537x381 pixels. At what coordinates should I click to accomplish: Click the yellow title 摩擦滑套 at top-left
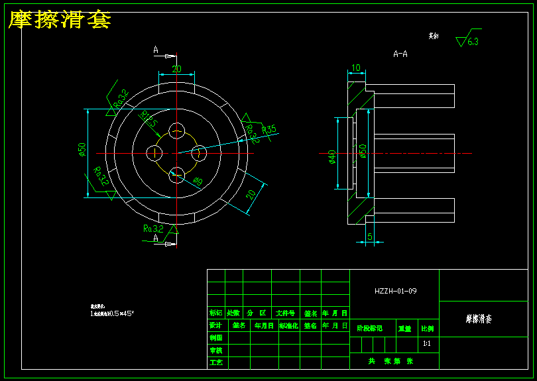coord(59,20)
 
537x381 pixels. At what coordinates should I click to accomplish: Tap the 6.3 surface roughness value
coord(473,41)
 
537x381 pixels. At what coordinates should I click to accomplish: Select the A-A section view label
coord(400,54)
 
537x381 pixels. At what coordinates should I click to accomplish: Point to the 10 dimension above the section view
coord(356,68)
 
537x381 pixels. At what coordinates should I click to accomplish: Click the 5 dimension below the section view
coord(370,235)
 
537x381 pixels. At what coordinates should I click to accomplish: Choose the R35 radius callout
coord(268,129)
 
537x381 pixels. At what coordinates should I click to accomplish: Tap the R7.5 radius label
coord(149,120)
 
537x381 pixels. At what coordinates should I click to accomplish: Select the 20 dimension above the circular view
coord(176,68)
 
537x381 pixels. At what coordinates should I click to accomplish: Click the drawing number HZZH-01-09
coord(396,291)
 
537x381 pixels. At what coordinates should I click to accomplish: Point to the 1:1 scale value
coord(427,344)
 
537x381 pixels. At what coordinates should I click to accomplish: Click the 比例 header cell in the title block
coord(428,328)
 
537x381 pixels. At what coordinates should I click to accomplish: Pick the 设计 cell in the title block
coord(215,325)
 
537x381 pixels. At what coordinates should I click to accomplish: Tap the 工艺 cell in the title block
coord(215,362)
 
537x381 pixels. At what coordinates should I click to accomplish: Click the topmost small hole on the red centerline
coord(177,131)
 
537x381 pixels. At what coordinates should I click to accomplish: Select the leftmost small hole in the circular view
coord(154,153)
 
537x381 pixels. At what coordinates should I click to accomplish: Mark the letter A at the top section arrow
coord(156,50)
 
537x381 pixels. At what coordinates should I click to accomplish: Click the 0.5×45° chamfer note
coord(112,313)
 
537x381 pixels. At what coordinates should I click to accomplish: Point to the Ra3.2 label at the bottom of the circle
coord(153,229)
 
